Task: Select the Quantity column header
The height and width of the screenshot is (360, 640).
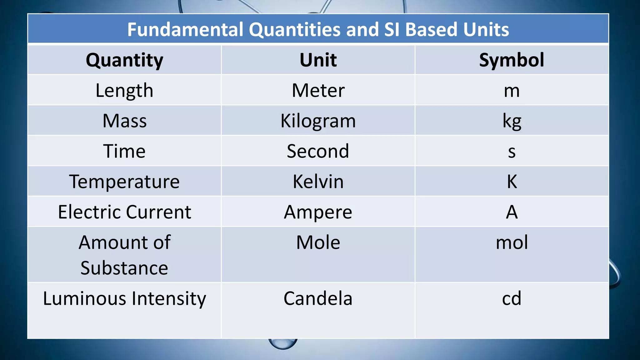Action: (124, 60)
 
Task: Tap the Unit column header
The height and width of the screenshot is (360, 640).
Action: (318, 60)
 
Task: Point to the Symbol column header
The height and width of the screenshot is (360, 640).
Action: (512, 60)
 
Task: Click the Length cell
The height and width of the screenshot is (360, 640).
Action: (124, 90)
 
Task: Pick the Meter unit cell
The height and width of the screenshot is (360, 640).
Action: (318, 90)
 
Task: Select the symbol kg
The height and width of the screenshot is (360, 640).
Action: (512, 121)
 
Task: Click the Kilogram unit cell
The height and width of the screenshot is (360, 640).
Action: (318, 121)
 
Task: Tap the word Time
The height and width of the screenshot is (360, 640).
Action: (124, 151)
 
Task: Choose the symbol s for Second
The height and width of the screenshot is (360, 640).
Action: (512, 152)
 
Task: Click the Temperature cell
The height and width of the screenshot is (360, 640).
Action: (124, 182)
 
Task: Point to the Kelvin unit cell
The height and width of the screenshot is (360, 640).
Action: (318, 182)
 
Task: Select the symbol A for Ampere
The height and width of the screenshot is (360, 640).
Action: (512, 212)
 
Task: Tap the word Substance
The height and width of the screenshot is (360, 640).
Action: (124, 268)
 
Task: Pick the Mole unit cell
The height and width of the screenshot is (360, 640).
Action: (318, 242)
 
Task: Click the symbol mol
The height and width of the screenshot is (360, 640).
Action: (512, 242)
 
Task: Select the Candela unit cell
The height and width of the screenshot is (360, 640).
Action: (318, 298)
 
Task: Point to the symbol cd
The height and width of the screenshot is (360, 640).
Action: (512, 298)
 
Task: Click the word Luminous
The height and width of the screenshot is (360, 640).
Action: (84, 298)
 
